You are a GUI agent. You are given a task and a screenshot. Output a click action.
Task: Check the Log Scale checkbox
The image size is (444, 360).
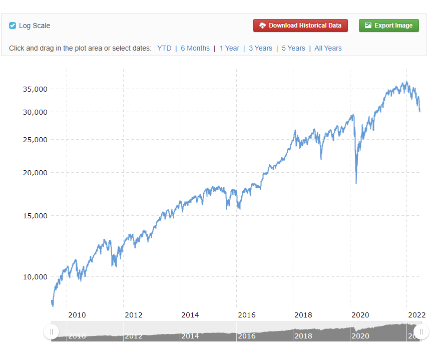tap(13, 26)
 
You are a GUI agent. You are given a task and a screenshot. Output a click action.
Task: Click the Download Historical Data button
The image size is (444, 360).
tap(300, 26)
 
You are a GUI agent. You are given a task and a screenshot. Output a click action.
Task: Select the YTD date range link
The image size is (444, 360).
tap(164, 48)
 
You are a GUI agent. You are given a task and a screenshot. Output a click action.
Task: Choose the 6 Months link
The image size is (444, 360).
tap(195, 48)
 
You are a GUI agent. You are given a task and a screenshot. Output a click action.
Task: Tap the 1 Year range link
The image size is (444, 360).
tap(229, 48)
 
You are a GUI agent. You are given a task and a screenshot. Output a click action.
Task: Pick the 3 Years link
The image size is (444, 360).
tap(260, 48)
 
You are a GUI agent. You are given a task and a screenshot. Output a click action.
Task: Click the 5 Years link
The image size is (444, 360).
tap(293, 48)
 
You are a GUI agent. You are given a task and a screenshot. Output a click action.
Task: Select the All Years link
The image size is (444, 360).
tap(328, 48)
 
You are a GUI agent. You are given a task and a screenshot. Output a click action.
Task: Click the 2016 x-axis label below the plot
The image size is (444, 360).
tap(247, 315)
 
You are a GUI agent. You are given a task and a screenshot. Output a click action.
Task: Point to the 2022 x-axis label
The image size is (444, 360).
tap(417, 315)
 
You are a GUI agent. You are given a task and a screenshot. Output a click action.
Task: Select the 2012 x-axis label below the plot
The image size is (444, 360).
tap(134, 315)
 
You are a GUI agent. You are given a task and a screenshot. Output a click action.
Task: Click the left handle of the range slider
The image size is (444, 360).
tap(51, 331)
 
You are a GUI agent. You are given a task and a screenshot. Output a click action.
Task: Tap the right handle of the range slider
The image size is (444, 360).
tap(421, 331)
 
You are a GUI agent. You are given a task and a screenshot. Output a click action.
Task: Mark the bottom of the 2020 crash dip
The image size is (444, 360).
tap(356, 183)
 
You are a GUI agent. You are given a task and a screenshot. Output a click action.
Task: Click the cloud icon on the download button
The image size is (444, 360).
tap(262, 26)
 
